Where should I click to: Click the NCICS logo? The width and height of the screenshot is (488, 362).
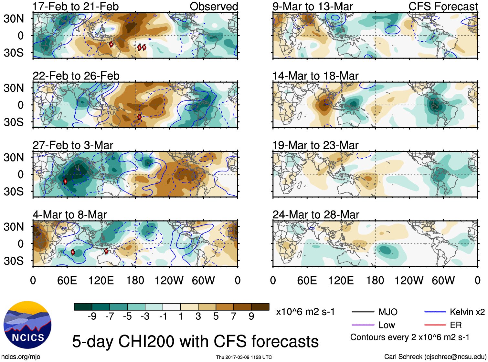point(27,325)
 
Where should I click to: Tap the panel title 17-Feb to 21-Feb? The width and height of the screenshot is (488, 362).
point(76,6)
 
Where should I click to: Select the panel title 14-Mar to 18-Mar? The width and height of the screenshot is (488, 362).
point(315,76)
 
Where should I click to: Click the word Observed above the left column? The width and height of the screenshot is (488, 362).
point(214,6)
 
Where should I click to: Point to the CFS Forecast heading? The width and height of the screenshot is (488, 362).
point(443,6)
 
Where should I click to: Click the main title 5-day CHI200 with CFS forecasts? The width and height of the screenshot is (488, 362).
point(195,341)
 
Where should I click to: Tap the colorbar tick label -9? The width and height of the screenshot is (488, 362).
point(92,316)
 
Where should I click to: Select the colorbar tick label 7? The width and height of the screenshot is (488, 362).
point(234,316)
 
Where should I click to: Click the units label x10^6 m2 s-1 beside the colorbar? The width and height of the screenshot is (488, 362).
point(305,312)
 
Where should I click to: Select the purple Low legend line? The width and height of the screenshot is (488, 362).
point(363,325)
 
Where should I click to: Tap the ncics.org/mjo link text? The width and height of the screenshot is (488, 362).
point(21,357)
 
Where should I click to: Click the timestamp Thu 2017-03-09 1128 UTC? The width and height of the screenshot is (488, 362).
point(244,357)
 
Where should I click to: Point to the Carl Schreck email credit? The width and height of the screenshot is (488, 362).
point(435,357)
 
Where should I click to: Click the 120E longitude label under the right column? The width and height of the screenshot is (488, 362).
point(341,280)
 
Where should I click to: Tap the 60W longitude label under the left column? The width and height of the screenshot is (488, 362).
point(203,280)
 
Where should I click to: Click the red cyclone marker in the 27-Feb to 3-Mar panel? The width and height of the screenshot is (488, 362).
point(65,181)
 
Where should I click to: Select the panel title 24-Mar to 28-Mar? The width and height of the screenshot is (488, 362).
point(316,215)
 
